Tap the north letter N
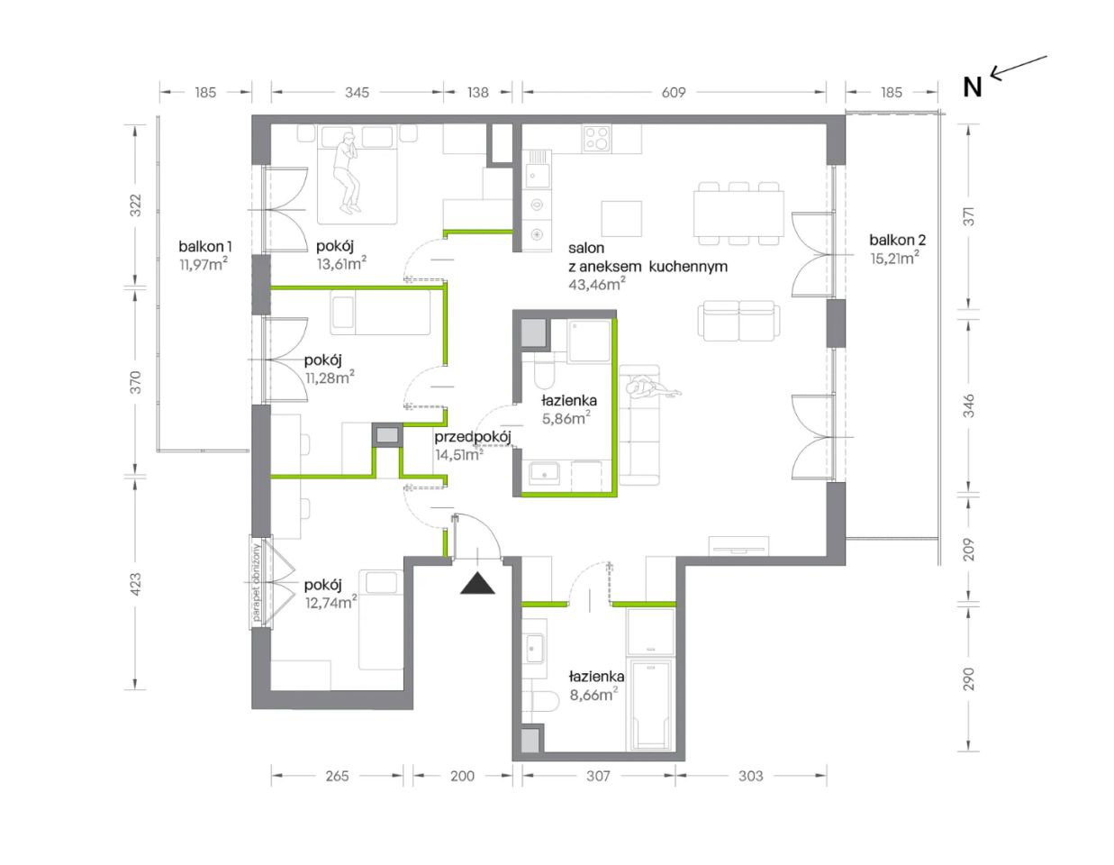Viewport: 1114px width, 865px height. [972, 87]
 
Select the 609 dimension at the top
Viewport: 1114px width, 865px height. [673, 92]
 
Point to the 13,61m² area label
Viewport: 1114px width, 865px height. [341, 263]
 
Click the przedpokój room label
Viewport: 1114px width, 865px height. [473, 438]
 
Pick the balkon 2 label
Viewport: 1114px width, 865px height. [897, 240]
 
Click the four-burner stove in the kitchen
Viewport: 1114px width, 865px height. [597, 139]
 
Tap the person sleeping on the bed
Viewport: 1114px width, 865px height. [348, 173]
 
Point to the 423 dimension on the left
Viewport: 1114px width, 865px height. [135, 584]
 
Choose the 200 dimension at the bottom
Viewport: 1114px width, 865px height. [462, 777]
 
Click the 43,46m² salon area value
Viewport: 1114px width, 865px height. [597, 284]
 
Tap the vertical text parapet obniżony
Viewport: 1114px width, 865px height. [257, 583]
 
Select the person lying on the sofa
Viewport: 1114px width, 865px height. [653, 388]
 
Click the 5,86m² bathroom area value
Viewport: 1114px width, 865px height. [566, 418]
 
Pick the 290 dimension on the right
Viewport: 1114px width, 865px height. [968, 678]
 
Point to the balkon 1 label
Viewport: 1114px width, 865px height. [205, 247]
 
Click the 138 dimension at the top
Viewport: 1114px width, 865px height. [478, 92]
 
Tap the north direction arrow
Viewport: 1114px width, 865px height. [1019, 68]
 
